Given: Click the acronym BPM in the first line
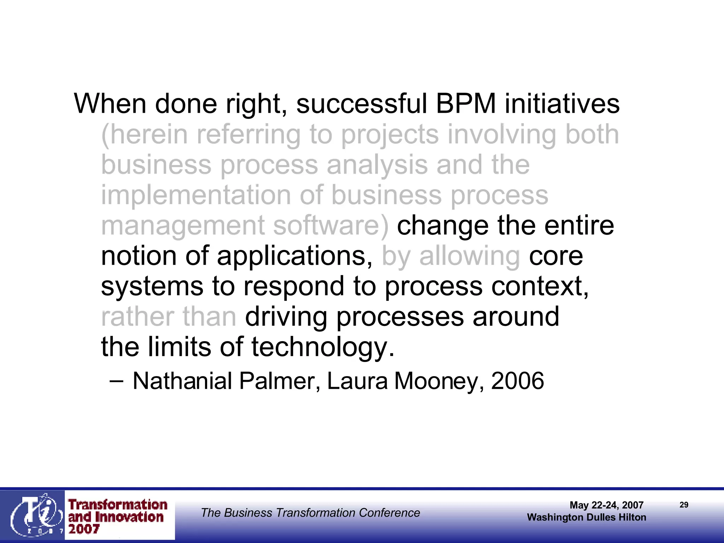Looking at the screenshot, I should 466,104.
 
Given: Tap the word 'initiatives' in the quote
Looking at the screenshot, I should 562,104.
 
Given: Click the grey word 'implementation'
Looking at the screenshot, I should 196,195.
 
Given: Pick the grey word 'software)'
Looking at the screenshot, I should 331,226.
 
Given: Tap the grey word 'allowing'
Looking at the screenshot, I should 469,257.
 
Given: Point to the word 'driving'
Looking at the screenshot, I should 286,317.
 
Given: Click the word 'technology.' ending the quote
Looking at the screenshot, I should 323,347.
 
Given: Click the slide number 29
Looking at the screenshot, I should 684,505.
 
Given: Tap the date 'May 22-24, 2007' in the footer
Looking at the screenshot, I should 606,505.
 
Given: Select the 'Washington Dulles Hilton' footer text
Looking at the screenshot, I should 586,517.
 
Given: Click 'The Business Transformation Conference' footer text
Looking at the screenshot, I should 310,513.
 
